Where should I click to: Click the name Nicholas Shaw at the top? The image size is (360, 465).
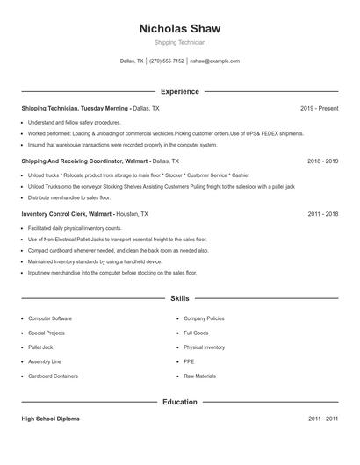pyautogui.click(x=180, y=28)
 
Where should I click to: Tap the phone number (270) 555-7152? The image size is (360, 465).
pyautogui.click(x=167, y=61)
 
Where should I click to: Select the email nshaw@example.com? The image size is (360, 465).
pyautogui.click(x=215, y=61)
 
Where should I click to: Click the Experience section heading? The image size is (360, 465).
pyautogui.click(x=180, y=91)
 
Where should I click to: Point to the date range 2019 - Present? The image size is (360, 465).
pyautogui.click(x=319, y=108)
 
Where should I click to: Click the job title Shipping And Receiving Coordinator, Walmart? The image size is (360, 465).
pyautogui.click(x=85, y=161)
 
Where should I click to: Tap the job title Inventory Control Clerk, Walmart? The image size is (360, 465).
pyautogui.click(x=68, y=213)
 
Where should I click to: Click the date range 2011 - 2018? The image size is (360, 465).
pyautogui.click(x=322, y=213)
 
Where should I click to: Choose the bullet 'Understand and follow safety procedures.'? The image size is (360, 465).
pyautogui.click(x=75, y=122)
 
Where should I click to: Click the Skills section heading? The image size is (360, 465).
pyautogui.click(x=180, y=299)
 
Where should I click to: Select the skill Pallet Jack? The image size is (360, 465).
pyautogui.click(x=40, y=347)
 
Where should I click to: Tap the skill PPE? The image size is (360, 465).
pyautogui.click(x=189, y=361)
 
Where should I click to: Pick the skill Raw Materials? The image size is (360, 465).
pyautogui.click(x=199, y=376)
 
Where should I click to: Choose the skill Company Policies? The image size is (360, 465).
pyautogui.click(x=204, y=318)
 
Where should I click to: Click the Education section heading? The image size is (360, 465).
pyautogui.click(x=180, y=402)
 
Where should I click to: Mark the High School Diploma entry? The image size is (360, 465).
pyautogui.click(x=50, y=419)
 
